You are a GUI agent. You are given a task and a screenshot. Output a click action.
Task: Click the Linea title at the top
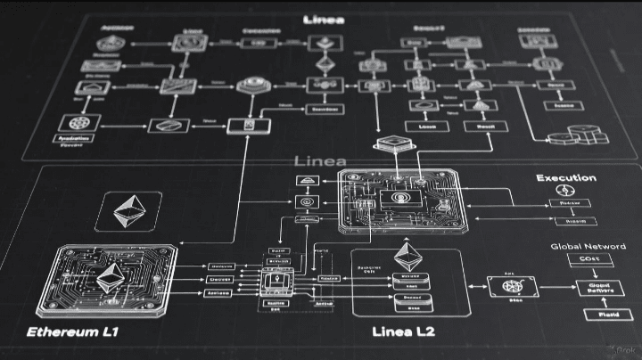pyautogui.click(x=325, y=17)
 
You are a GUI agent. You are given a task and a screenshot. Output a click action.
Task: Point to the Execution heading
pyautogui.click(x=565, y=178)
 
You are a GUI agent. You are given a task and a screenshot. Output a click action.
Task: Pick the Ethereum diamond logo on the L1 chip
pyautogui.click(x=110, y=278)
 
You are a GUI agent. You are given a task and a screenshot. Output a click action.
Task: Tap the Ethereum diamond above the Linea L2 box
pyautogui.click(x=408, y=258)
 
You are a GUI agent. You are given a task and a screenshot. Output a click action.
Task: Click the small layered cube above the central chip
pyautogui.click(x=390, y=146)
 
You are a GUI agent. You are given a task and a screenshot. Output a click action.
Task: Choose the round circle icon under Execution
pyautogui.click(x=564, y=192)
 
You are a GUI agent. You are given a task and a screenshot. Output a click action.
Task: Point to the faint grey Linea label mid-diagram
pyautogui.click(x=318, y=160)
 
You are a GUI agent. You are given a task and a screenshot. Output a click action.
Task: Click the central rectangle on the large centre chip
pyautogui.click(x=393, y=198)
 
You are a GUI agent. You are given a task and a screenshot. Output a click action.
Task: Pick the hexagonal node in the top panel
pyautogui.click(x=248, y=86)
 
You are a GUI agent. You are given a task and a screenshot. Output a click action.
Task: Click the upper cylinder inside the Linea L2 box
pyautogui.click(x=411, y=279)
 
